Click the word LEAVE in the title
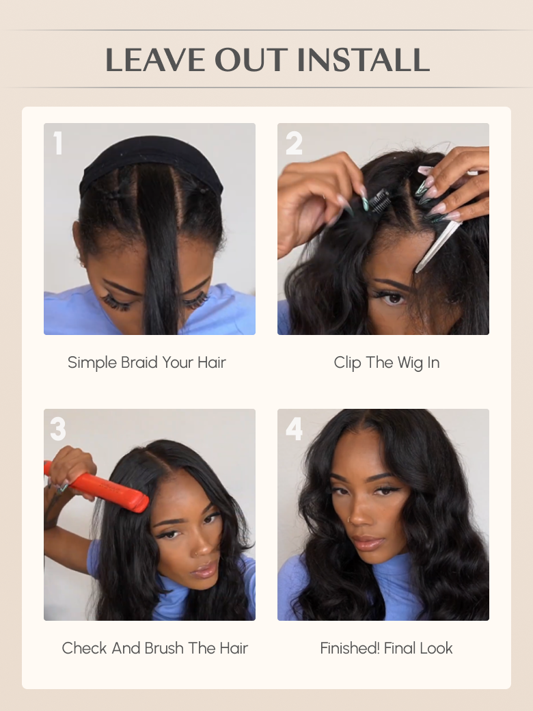[x=155, y=60]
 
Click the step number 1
[x=58, y=144]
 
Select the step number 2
[x=294, y=144]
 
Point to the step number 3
[x=58, y=429]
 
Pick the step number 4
[x=294, y=429]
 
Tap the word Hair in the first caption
[x=212, y=362]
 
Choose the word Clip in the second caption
[x=347, y=362]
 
